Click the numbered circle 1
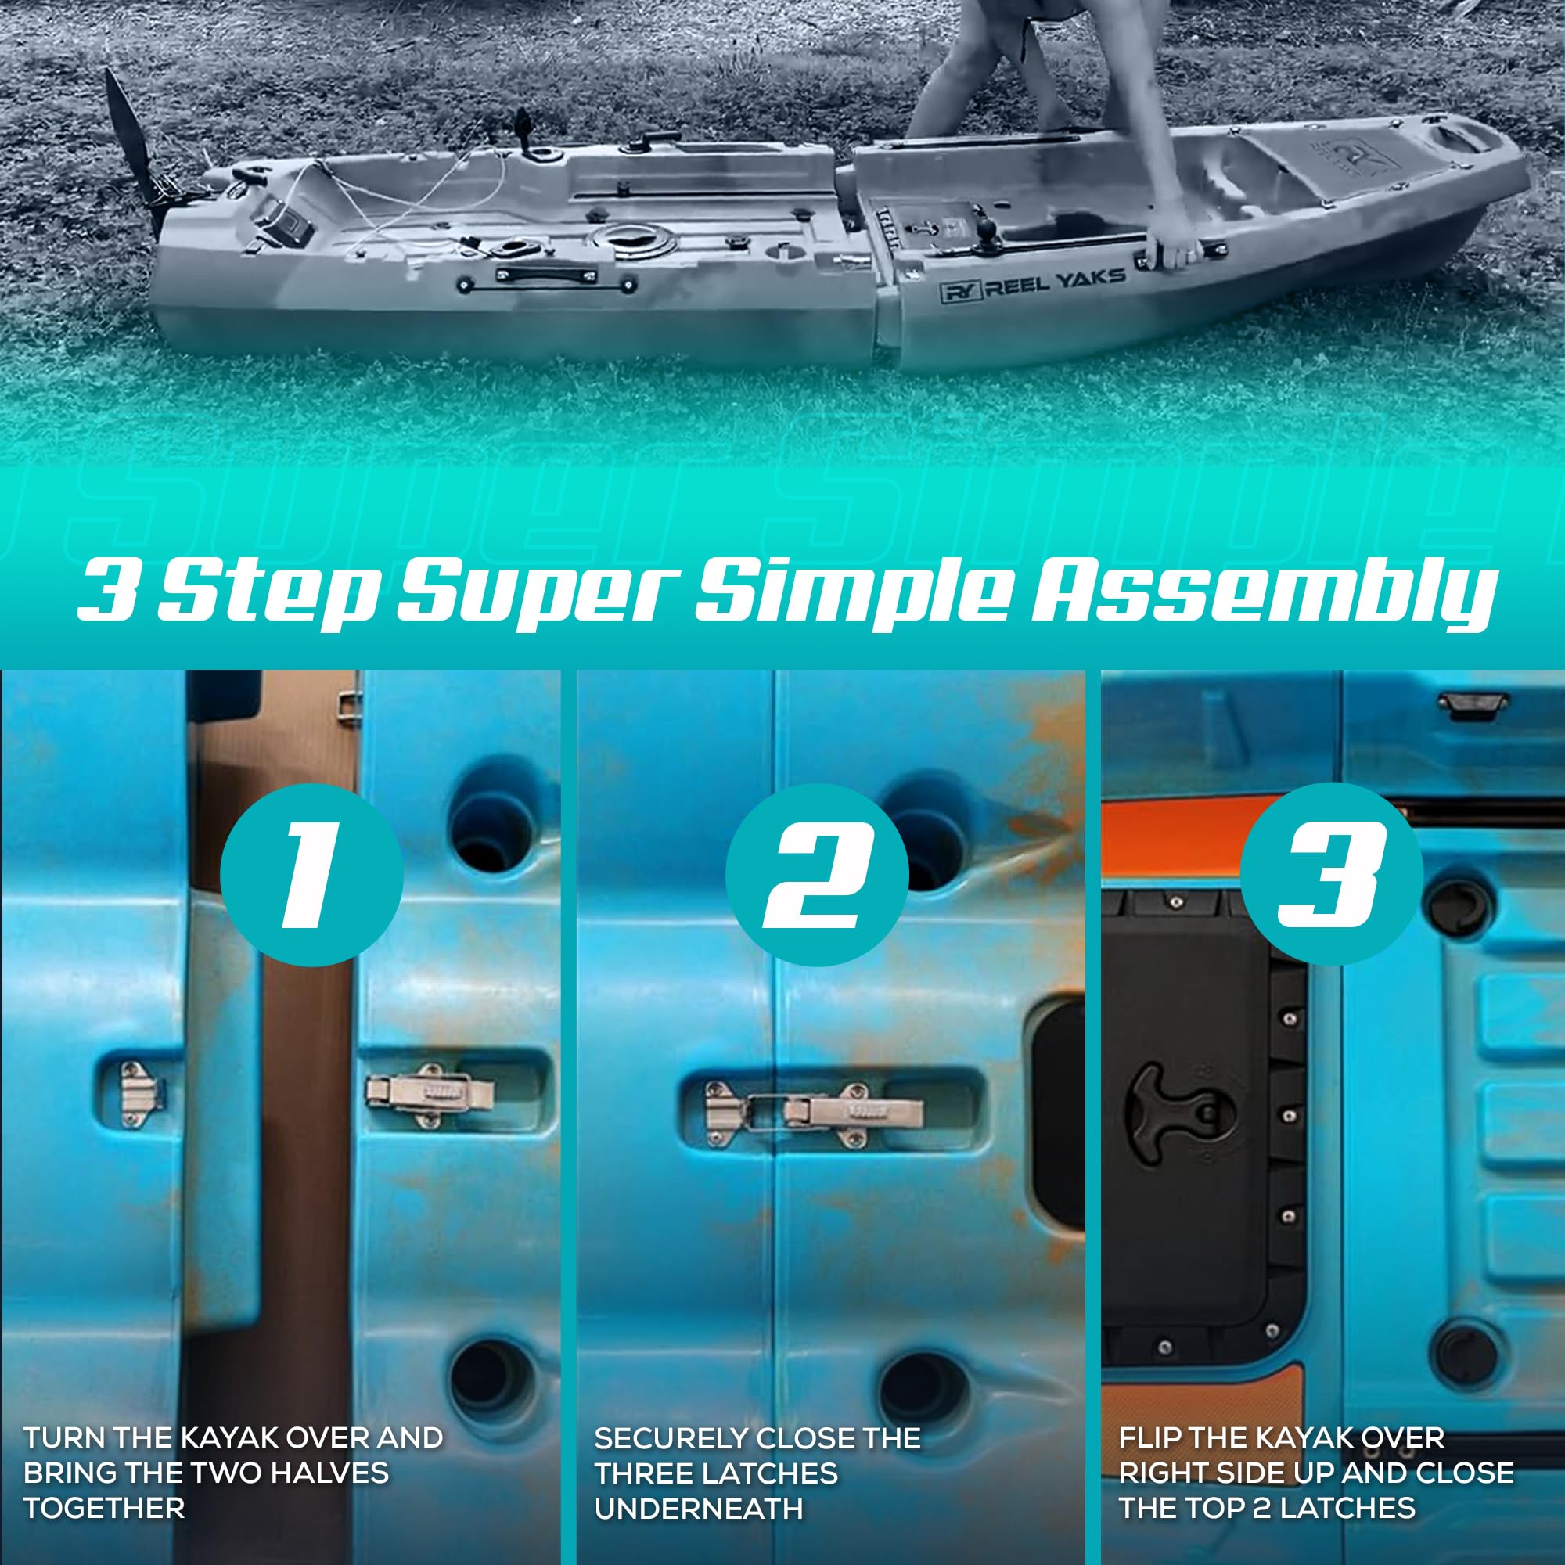[x=311, y=875]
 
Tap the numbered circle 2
[x=815, y=875]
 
